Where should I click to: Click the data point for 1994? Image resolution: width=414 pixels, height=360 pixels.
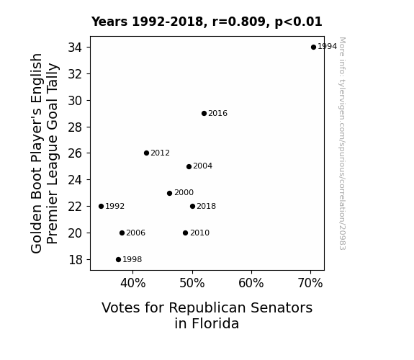click(x=313, y=48)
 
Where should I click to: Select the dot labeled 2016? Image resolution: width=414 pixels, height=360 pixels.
click(x=204, y=114)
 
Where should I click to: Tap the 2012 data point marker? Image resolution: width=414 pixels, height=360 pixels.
click(x=147, y=153)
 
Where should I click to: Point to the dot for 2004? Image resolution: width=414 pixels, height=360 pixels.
click(x=189, y=166)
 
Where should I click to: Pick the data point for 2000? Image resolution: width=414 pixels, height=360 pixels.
click(x=169, y=194)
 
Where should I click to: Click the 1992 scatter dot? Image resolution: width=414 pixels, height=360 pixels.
click(x=101, y=207)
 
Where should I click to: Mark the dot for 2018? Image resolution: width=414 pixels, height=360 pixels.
click(x=192, y=207)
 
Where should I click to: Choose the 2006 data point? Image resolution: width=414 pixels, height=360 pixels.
click(x=122, y=233)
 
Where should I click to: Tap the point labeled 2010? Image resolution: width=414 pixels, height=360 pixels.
click(x=185, y=233)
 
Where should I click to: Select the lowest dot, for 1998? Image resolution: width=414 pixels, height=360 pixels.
click(x=118, y=260)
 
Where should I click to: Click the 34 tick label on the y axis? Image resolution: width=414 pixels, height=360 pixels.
click(x=76, y=48)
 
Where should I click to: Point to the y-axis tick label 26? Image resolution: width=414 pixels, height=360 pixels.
click(x=76, y=153)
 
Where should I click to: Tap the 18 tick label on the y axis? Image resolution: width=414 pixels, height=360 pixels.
click(x=76, y=260)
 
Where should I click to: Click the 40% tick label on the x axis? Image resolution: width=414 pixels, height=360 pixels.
click(x=132, y=283)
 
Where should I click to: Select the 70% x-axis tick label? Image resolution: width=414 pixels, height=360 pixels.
click(x=310, y=283)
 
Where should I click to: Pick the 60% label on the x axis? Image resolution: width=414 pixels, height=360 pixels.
click(x=251, y=283)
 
